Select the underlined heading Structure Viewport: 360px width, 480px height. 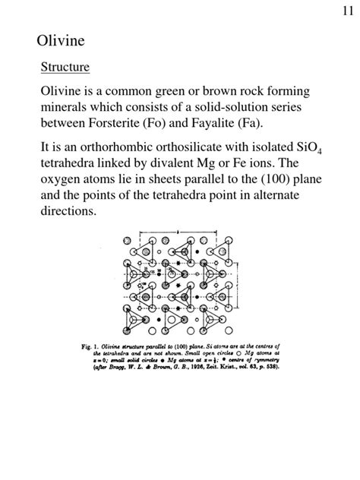[65, 67]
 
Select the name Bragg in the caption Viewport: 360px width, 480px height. [125, 369]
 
